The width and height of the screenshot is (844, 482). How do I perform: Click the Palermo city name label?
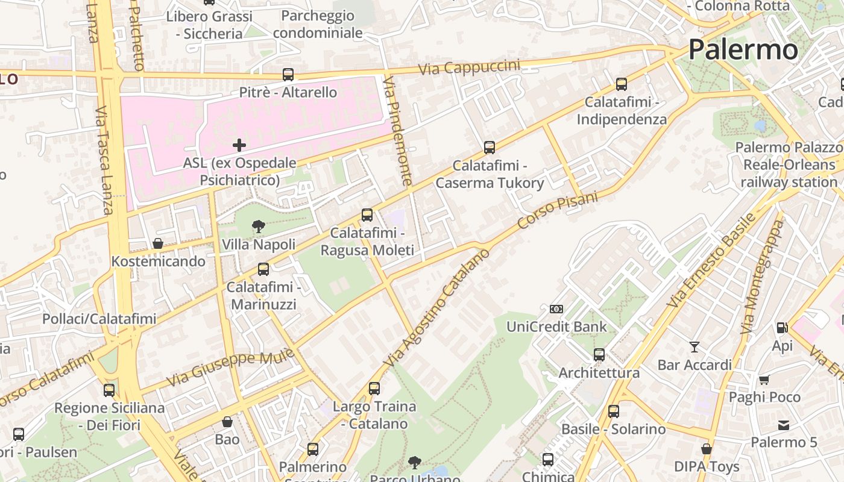[743, 49]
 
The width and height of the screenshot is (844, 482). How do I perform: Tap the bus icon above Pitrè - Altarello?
[288, 75]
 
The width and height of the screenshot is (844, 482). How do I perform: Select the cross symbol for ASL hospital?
[239, 145]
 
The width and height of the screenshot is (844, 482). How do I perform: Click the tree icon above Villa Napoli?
[259, 227]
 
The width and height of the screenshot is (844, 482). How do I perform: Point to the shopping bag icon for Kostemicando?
[158, 243]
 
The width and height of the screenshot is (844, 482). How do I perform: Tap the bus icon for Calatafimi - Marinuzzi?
[263, 269]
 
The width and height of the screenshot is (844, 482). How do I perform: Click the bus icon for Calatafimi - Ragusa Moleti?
[367, 215]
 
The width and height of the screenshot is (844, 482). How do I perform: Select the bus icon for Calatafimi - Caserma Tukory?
[490, 148]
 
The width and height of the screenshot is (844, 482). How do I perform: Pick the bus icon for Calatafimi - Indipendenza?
[622, 84]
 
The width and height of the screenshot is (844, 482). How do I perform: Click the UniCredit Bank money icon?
[556, 309]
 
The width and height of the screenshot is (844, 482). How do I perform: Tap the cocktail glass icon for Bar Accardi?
[694, 346]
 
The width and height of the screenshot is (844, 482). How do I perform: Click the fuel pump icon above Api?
[782, 328]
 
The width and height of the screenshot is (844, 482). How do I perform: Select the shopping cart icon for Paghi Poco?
[764, 380]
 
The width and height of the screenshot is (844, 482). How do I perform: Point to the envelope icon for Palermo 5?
[783, 425]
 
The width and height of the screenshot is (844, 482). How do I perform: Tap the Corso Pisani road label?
[558, 210]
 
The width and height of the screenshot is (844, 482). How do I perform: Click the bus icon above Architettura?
[599, 355]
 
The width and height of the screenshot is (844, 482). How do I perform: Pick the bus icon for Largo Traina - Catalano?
[374, 389]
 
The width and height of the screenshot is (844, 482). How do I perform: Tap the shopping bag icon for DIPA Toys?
[707, 449]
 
